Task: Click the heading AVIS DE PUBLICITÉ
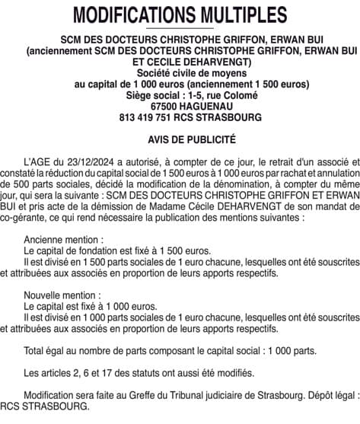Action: click(x=180, y=140)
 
